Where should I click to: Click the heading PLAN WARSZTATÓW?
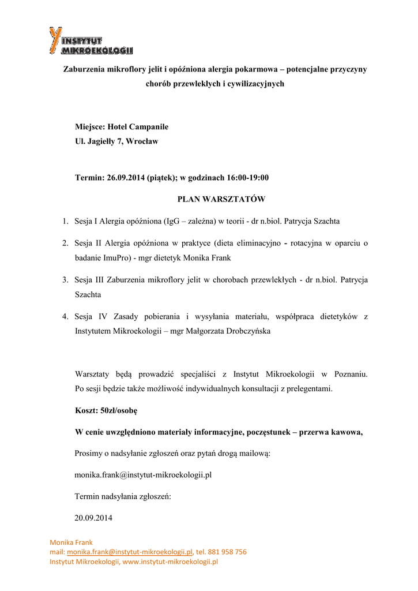(221, 200)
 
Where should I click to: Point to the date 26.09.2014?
(126, 178)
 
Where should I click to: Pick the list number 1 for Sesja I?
(65, 221)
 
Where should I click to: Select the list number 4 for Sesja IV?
(65, 317)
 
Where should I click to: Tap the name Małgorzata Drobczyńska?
(228, 331)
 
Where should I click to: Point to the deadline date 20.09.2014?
(93, 518)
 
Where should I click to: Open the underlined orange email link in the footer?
(130, 552)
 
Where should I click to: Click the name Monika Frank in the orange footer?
(71, 543)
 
